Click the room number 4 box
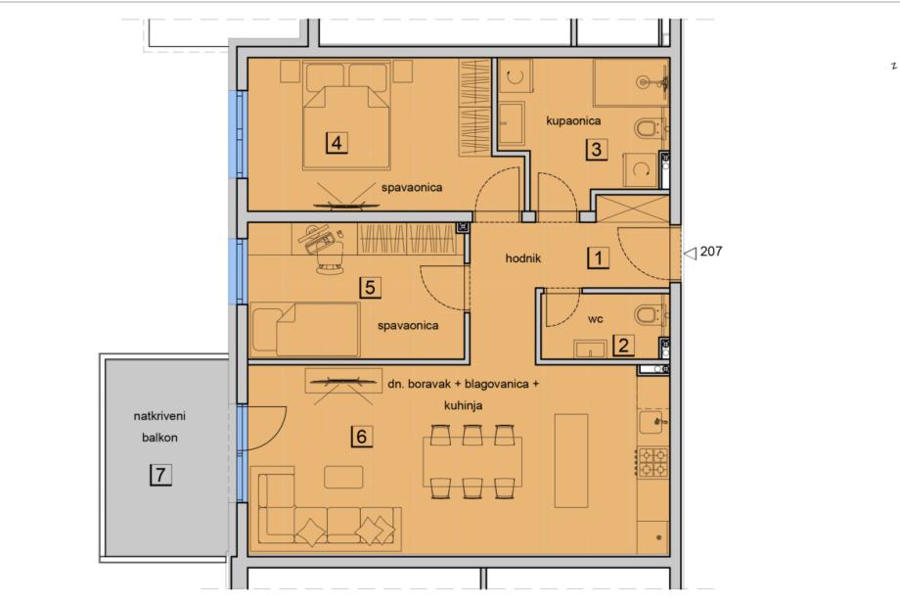click(x=337, y=142)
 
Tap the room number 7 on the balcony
click(x=160, y=475)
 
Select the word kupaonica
click(x=573, y=120)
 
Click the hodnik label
click(x=523, y=258)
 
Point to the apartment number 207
click(x=711, y=251)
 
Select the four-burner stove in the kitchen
click(x=653, y=462)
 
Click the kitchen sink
click(x=652, y=422)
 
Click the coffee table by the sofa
click(x=343, y=477)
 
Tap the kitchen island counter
click(x=571, y=460)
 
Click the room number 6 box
click(x=361, y=437)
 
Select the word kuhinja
click(x=463, y=405)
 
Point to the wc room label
click(x=595, y=319)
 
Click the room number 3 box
click(x=597, y=149)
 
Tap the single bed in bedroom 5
click(x=305, y=330)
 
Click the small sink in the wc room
click(x=590, y=349)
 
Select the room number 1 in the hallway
click(x=598, y=257)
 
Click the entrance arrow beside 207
click(x=690, y=253)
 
